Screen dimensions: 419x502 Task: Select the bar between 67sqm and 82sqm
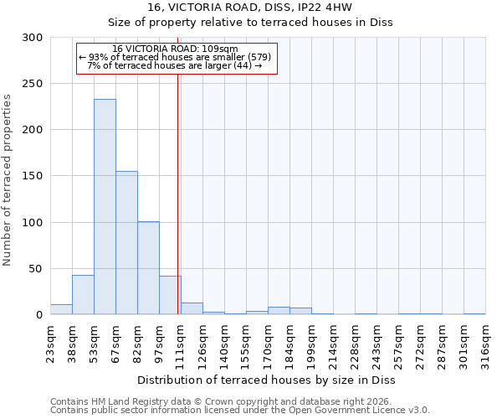tap(126, 243)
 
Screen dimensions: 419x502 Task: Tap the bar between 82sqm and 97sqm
tap(148, 268)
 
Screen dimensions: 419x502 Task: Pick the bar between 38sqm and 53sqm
tap(83, 295)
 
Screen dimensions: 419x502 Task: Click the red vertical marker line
tap(178, 193)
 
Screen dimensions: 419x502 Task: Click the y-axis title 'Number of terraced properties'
tap(8, 179)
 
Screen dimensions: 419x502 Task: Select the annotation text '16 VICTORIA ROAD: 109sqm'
tap(175, 49)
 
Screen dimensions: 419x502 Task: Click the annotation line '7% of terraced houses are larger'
tap(175, 65)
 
